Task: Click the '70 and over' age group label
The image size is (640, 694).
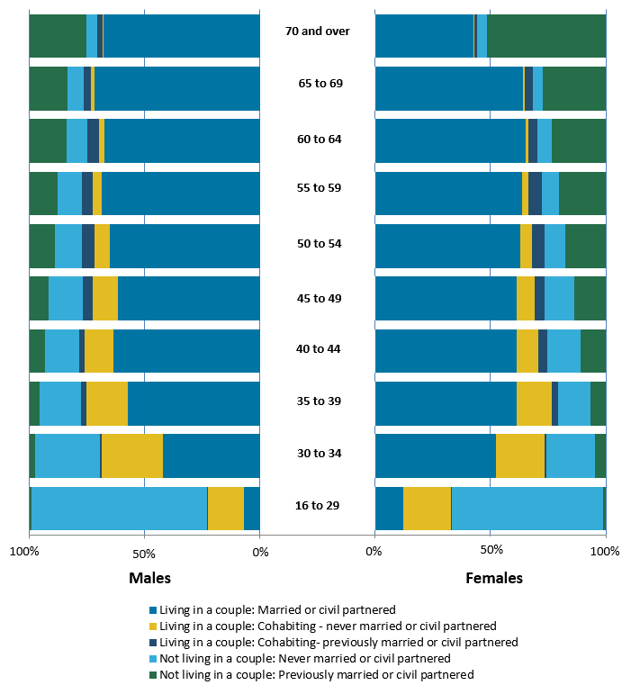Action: pos(317,31)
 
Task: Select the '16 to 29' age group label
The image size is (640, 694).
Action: pos(317,505)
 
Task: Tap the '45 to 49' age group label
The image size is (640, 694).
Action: pos(317,298)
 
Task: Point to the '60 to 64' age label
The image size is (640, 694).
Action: pos(317,140)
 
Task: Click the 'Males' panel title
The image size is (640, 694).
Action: pos(149,578)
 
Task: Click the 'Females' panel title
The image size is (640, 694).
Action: pos(493,578)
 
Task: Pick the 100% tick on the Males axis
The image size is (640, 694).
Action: pos(30,551)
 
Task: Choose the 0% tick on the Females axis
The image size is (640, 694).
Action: pos(374,551)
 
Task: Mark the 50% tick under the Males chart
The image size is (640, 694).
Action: pos(145,551)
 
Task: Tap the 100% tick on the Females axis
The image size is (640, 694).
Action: pos(606,551)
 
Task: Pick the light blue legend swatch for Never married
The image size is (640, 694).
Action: pos(153,659)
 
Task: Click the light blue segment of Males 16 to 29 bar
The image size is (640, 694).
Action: pos(119,509)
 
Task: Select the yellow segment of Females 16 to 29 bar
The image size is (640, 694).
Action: pos(427,509)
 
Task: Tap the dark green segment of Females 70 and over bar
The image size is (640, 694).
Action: pos(546,35)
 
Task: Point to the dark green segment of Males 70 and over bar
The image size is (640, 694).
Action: pos(58,35)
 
